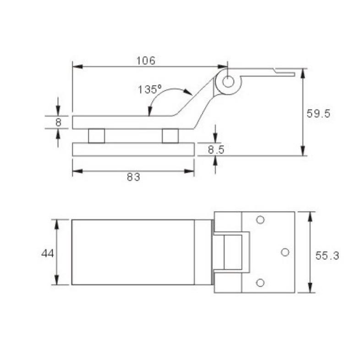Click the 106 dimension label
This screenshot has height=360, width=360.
tap(146, 60)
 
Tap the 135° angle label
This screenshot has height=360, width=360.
tap(149, 89)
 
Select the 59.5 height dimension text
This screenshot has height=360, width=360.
tap(318, 114)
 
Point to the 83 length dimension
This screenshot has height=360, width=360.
tap(133, 177)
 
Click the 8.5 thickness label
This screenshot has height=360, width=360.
tap(216, 150)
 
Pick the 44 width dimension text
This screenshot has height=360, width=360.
tap(48, 253)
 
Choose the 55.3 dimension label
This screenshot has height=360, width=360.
tap(327, 256)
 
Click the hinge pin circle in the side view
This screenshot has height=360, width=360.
tap(228, 82)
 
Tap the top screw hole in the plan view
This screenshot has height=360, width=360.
tap(260, 220)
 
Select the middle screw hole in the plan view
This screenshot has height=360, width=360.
tap(285, 252)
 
